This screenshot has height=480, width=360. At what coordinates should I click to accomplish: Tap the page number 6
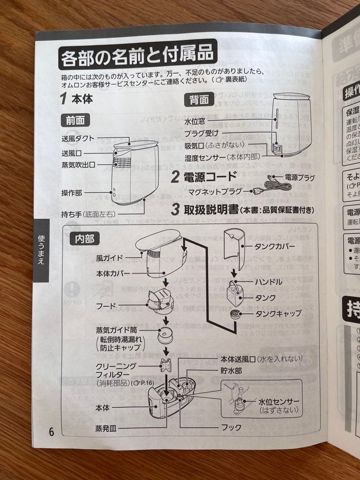pyautogui.click(x=51, y=431)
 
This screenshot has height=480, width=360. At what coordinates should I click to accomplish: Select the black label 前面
pyautogui.click(x=75, y=120)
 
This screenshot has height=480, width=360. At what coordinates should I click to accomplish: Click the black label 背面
pyautogui.click(x=199, y=100)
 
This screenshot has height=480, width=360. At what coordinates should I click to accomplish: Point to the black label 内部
pyautogui.click(x=84, y=239)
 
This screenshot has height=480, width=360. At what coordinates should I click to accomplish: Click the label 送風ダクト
pyautogui.click(x=78, y=139)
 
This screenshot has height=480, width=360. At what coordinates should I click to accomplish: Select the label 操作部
pyautogui.click(x=71, y=193)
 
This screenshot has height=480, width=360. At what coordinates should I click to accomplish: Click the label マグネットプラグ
pyautogui.click(x=215, y=192)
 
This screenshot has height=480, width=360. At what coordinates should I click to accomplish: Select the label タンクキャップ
pyautogui.click(x=278, y=313)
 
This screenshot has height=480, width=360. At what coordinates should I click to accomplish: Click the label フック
pyautogui.click(x=231, y=427)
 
